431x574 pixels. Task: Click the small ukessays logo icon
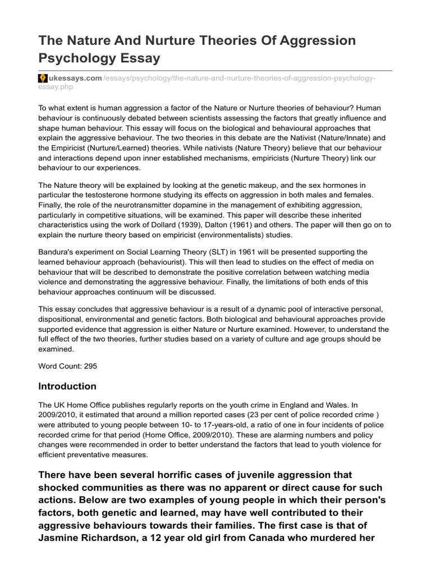point(42,78)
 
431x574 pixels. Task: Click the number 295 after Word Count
point(91,365)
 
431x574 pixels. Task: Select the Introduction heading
point(67,387)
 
